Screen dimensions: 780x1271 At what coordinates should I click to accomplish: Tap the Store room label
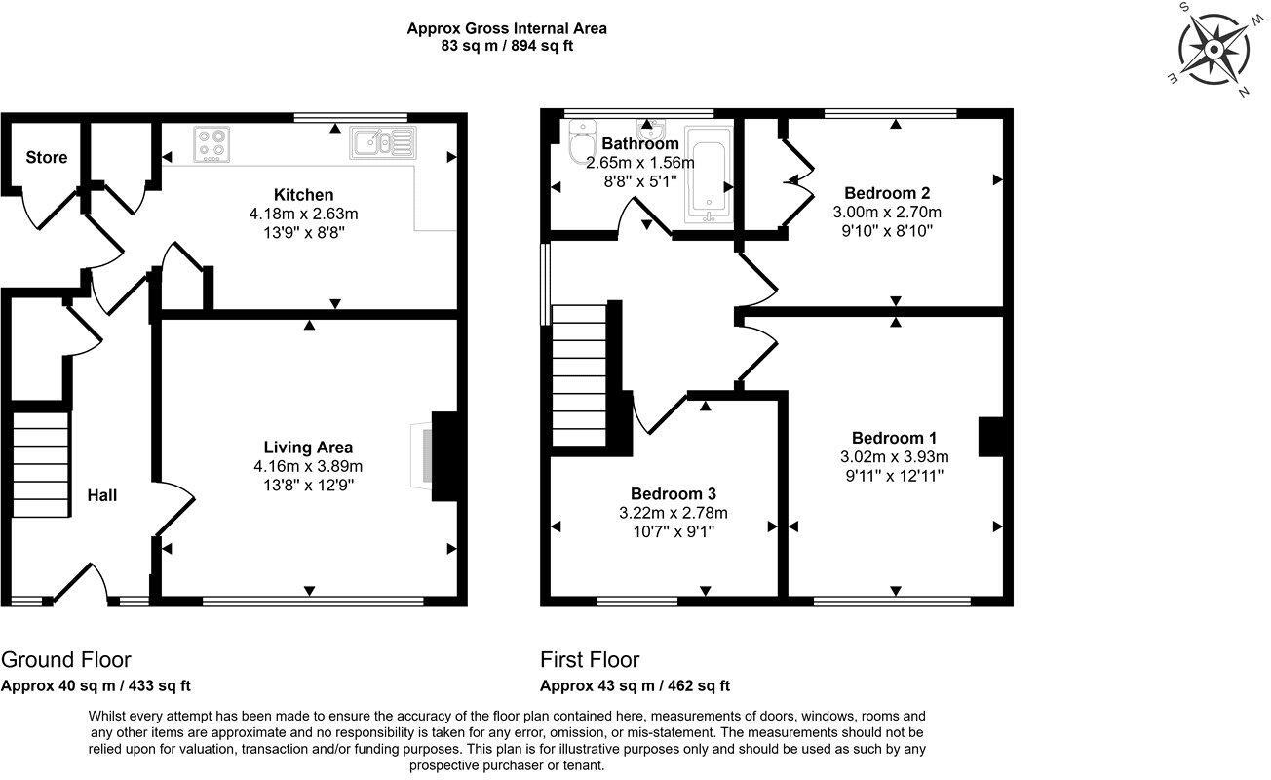pos(47,157)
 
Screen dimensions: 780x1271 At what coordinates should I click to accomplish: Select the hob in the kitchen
pos(212,144)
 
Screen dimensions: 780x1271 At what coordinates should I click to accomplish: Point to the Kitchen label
pos(303,195)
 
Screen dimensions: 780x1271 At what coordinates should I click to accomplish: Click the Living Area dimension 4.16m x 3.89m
pos(307,466)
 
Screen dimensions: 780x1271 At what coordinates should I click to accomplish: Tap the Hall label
pos(102,495)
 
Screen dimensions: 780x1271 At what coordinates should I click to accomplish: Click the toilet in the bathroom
pos(582,143)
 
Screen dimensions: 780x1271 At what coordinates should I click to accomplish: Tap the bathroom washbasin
pos(649,129)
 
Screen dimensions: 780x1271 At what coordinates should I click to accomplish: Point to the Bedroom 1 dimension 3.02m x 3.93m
pos(894,456)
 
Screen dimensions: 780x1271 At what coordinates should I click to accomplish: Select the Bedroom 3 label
pos(672,493)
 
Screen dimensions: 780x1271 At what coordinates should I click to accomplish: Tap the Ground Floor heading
pos(66,660)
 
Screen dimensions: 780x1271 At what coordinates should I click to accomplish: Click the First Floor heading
pos(590,660)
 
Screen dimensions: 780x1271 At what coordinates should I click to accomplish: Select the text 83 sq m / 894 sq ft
pos(506,46)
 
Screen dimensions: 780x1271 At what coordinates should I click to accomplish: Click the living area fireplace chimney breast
pos(445,454)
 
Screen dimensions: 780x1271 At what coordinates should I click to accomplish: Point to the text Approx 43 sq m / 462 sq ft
pos(635,685)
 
